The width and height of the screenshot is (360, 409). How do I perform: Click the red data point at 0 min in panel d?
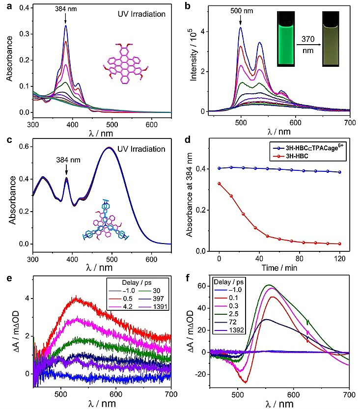tap(219, 184)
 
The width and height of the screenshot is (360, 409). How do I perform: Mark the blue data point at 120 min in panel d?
tap(340, 172)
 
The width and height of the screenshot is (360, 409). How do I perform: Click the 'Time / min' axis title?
tap(279, 268)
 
